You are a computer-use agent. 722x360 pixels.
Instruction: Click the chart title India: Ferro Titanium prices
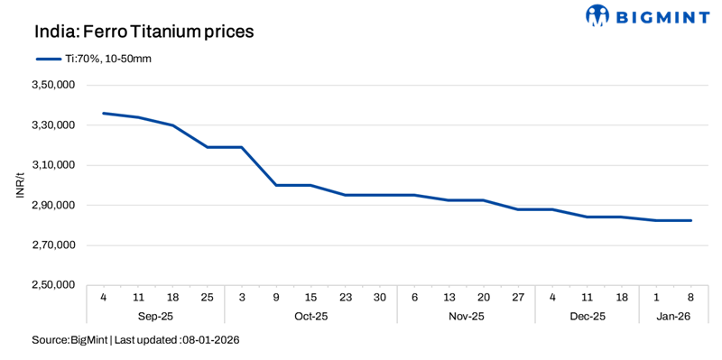(x=143, y=32)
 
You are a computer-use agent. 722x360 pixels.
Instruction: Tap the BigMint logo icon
(x=597, y=15)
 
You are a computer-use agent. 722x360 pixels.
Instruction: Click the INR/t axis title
(x=20, y=185)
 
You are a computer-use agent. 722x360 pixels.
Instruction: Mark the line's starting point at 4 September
(x=104, y=113)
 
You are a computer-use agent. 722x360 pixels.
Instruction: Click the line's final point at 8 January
(x=690, y=220)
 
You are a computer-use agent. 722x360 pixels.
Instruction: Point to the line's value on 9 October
(x=276, y=185)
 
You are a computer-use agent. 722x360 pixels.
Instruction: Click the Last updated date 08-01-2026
(x=210, y=340)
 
